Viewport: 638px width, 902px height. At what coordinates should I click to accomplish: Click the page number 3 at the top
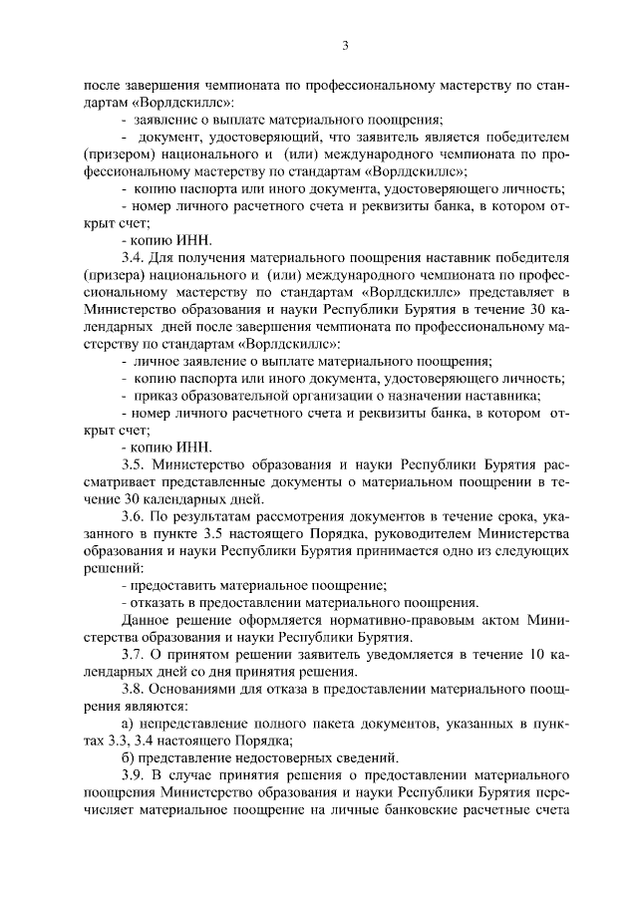tap(344, 45)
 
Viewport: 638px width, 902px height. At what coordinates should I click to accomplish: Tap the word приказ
tap(156, 396)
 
